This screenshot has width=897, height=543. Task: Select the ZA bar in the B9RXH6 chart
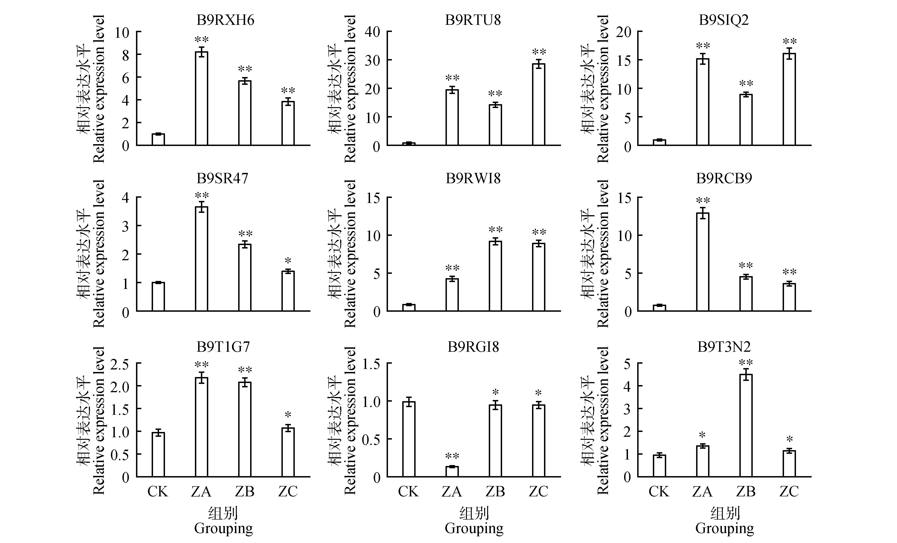pos(201,98)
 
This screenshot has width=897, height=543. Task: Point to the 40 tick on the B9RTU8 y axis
pos(372,32)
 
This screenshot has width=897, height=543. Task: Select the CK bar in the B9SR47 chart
pos(158,296)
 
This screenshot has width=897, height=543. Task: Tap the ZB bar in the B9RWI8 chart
pos(495,276)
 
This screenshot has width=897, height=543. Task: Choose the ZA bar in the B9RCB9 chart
pos(702,262)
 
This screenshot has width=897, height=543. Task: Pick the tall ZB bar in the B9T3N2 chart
pos(746,426)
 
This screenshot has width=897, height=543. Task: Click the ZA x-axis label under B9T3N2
pos(702,492)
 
